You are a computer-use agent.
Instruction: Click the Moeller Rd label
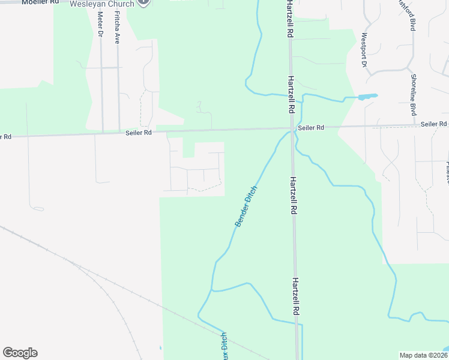coord(40,2)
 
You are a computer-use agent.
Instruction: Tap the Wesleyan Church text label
coord(101,4)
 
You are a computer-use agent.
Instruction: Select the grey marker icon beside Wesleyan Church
coord(143,2)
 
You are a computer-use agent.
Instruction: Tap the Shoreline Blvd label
coord(414,87)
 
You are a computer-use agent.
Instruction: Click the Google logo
coord(20,353)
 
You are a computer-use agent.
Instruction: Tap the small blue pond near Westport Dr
coord(367,96)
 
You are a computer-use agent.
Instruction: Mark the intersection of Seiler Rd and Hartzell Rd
coord(291,128)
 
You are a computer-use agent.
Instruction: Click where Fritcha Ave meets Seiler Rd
coord(119,131)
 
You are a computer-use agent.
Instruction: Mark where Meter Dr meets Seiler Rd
coord(103,132)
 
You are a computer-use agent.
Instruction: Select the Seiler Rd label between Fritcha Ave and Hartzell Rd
coord(139,133)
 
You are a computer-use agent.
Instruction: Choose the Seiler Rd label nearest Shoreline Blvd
coord(433,124)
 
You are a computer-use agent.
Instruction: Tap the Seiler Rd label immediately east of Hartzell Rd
coord(312,128)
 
